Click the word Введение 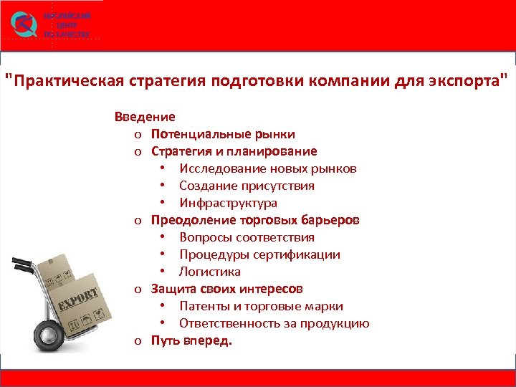click(x=145, y=117)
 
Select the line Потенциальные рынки click(x=223, y=134)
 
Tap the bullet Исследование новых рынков click(x=267, y=168)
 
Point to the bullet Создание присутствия click(x=247, y=186)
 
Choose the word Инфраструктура click(x=228, y=203)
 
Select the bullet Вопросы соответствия click(x=247, y=237)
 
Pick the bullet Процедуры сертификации click(x=259, y=254)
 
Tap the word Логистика click(x=210, y=272)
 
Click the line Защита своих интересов click(x=226, y=289)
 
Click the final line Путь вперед click(x=191, y=340)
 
